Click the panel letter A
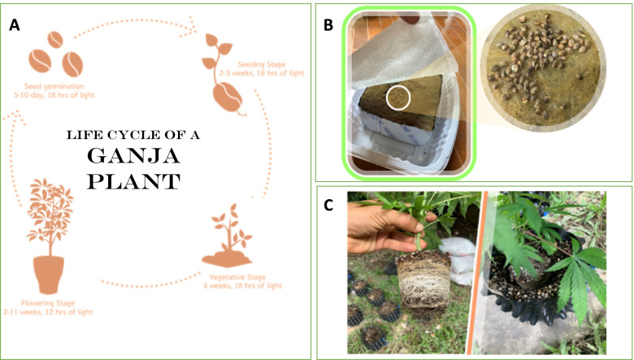click(x=15, y=25)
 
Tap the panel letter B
click(x=328, y=25)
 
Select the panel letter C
click(x=328, y=206)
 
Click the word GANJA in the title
click(x=133, y=156)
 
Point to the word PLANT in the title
click(x=133, y=182)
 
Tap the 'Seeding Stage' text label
click(x=261, y=64)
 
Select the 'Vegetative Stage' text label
click(x=237, y=277)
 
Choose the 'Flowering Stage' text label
click(x=48, y=303)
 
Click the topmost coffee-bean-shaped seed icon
click(x=55, y=40)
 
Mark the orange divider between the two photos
click(x=476, y=273)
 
